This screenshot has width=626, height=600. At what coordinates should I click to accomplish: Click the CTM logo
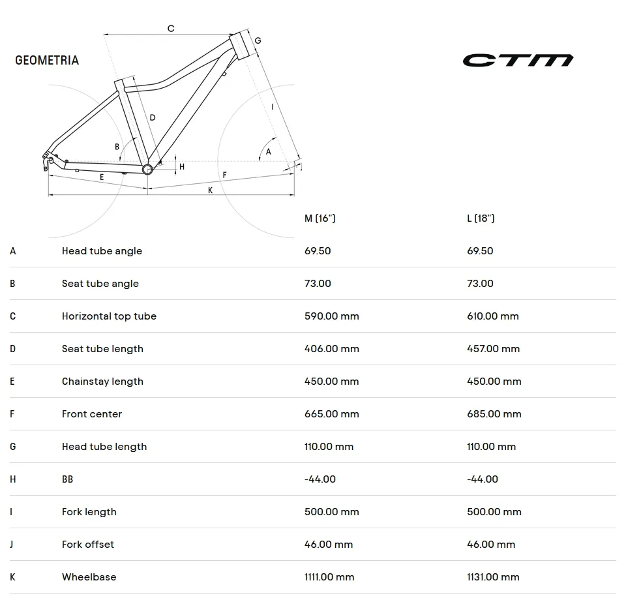tap(518, 60)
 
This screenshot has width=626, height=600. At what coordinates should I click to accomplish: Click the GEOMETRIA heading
tap(47, 60)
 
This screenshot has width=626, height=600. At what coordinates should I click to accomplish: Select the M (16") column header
tap(320, 218)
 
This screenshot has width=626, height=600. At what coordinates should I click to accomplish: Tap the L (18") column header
tap(481, 218)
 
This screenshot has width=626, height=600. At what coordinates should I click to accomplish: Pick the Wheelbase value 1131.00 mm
tap(493, 577)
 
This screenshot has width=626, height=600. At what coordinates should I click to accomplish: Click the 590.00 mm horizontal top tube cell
tap(332, 316)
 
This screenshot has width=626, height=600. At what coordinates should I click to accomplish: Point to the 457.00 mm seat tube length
tap(494, 349)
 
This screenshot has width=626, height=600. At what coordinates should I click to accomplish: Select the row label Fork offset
tap(88, 544)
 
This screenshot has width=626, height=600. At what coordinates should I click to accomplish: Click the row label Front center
tap(92, 414)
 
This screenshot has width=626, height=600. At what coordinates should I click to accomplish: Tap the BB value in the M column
tap(320, 479)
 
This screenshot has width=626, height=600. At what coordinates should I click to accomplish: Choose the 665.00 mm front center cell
tap(332, 414)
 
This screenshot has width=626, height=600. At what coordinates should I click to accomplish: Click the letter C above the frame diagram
tap(171, 28)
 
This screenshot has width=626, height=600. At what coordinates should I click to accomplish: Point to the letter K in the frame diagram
tap(211, 190)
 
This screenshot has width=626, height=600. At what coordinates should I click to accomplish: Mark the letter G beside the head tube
tap(258, 40)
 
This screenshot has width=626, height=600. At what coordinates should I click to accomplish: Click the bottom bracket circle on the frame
tap(147, 170)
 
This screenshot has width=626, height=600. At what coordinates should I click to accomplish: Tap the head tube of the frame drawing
tap(239, 46)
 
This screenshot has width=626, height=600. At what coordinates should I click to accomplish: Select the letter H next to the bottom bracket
tap(182, 167)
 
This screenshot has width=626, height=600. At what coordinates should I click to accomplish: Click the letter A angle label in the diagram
tap(268, 152)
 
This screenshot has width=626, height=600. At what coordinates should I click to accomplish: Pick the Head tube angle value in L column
tap(481, 251)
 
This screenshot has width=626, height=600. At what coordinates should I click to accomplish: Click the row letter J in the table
tap(12, 544)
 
